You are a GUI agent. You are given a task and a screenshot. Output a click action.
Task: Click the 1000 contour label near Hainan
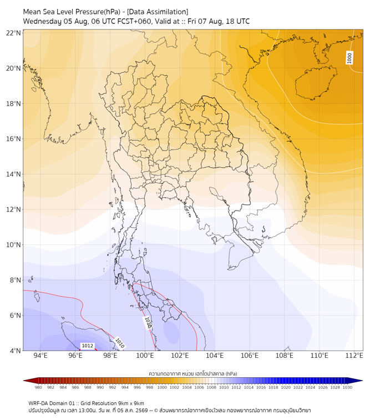tap(349, 58)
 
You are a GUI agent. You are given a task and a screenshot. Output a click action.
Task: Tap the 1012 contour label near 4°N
tap(87, 346)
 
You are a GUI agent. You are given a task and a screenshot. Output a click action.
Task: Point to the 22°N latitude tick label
tap(13, 33)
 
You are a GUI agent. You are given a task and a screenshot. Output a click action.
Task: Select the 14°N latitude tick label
tap(13, 174)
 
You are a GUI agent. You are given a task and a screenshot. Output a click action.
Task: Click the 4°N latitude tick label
tap(15, 351)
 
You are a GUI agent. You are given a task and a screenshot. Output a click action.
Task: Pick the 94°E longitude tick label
tap(40, 356)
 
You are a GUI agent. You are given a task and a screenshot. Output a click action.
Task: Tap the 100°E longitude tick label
tap(145, 356)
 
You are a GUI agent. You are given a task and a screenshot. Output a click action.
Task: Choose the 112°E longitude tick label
tap(354, 356)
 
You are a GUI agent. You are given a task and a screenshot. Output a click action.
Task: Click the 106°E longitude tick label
tap(250, 356)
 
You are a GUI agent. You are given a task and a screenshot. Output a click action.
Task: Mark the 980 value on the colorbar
tap(38, 387)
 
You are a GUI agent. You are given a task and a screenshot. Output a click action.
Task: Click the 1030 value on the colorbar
tap(347, 387)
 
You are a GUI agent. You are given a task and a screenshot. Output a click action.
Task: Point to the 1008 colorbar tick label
tap(211, 387)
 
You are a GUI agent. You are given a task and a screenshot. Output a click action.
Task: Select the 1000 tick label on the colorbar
tap(162, 387)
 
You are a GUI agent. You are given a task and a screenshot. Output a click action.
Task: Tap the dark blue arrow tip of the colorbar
tap(362, 381)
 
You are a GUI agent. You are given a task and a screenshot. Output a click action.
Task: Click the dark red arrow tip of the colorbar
tap(24, 381)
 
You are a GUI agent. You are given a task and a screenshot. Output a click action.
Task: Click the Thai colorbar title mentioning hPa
tap(193, 373)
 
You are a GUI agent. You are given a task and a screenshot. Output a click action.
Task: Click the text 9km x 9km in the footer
tap(130, 403)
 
